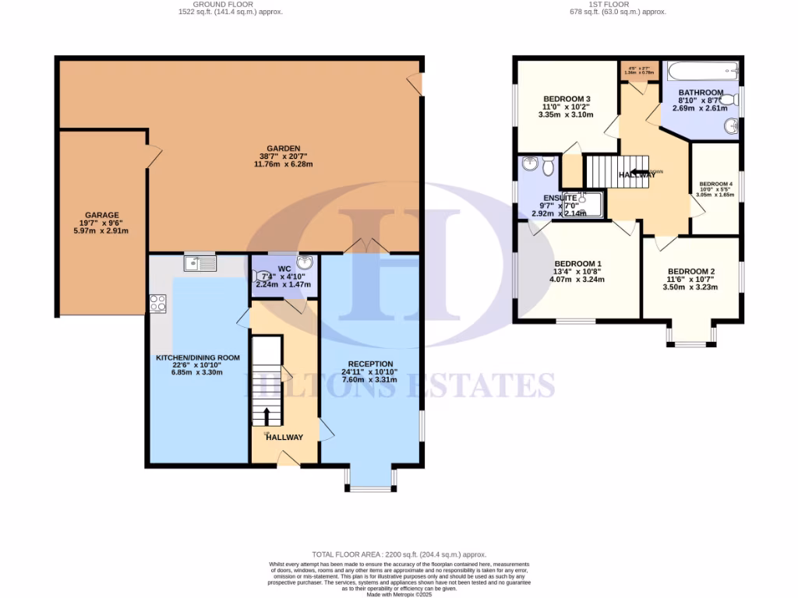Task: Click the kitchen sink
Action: click(200, 263)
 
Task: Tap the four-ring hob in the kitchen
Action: click(158, 303)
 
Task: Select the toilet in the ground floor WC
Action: click(260, 276)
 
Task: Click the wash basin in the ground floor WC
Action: click(304, 262)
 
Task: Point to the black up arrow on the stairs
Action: click(267, 415)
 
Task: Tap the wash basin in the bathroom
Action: click(730, 125)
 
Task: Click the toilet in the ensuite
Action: click(548, 165)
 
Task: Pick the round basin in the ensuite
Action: click(531, 164)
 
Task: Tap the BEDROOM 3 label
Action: click(566, 98)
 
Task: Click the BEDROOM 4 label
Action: click(715, 182)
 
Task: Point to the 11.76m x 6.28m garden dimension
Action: click(281, 164)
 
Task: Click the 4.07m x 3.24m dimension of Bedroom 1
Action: click(577, 280)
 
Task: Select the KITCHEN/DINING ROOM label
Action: click(198, 357)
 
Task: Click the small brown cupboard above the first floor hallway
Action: click(638, 71)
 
